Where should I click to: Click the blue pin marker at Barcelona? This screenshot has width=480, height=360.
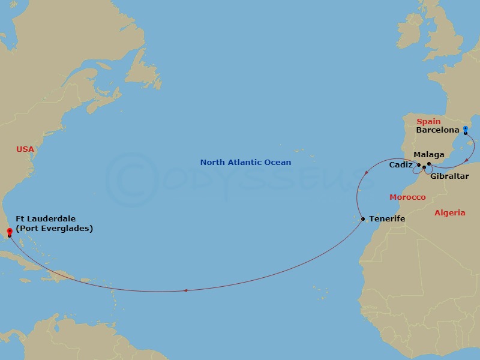point(466,128)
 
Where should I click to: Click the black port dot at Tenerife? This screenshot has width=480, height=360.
point(363,219)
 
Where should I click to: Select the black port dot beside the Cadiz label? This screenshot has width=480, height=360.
point(419,164)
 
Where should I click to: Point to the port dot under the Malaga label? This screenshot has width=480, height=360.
point(429,164)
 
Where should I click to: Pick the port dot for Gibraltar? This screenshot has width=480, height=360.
point(424,167)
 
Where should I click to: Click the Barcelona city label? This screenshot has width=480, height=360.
point(437,130)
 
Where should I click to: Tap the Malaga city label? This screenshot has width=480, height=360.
point(429,155)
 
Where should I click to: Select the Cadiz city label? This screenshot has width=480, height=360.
point(401,164)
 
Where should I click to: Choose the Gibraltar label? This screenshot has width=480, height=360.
point(449,176)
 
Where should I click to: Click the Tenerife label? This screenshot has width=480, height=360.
point(387,219)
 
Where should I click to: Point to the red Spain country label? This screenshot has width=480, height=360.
point(428,122)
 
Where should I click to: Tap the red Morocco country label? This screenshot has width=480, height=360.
point(407,197)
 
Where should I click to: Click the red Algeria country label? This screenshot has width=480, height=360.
point(449,213)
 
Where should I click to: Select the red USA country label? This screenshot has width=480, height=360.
point(25,149)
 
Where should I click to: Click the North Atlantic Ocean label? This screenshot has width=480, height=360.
point(245,163)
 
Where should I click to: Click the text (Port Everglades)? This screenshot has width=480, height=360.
point(55,229)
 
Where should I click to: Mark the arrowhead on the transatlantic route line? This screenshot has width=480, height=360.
point(185,291)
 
